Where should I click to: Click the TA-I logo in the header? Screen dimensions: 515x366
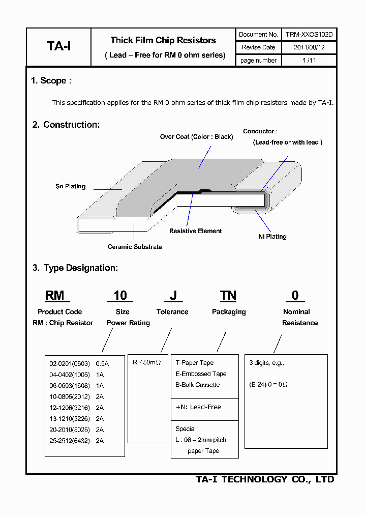coord(58,46)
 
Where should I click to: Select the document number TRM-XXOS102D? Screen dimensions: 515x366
coord(309,35)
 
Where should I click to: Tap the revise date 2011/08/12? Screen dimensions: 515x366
coord(309,47)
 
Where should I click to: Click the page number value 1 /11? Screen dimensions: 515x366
coord(309,60)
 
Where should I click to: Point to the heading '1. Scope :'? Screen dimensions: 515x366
coord(51,80)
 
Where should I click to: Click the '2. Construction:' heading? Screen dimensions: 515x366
coord(66,125)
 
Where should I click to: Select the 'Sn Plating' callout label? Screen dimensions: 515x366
coord(70,186)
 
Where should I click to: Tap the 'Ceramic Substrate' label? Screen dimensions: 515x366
coord(135,247)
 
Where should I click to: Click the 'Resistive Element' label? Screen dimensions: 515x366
coord(195,231)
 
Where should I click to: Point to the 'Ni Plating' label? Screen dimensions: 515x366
coord(272,237)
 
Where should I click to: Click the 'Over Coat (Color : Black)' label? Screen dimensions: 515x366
coord(196,137)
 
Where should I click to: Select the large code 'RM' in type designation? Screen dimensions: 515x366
coord(54,296)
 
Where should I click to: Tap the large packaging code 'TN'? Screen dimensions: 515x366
coord(228,296)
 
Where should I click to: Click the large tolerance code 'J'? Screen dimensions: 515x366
coord(173,296)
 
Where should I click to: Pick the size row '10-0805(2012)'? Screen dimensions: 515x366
coord(69,396)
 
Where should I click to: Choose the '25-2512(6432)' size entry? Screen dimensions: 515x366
coord(69,441)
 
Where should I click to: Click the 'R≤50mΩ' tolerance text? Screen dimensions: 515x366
coord(146,363)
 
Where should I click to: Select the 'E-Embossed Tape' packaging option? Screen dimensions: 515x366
coord(201,374)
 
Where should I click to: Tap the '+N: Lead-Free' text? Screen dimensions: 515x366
coord(198,407)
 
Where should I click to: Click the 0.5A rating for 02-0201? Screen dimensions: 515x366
coord(102,364)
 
